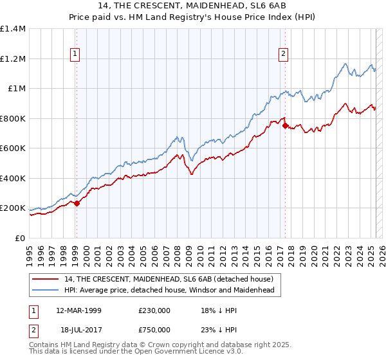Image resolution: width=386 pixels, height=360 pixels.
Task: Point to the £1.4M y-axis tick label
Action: click(x=13, y=29)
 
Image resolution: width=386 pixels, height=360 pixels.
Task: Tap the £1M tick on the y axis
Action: click(x=16, y=89)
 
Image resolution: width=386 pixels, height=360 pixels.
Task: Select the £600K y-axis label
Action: click(x=13, y=148)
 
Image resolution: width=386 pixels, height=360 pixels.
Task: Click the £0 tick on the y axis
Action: click(x=21, y=238)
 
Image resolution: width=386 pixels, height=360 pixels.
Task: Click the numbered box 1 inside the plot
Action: click(x=76, y=55)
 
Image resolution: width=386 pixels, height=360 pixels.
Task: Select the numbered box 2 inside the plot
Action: click(x=283, y=55)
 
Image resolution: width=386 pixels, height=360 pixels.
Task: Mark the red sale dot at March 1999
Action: click(x=77, y=203)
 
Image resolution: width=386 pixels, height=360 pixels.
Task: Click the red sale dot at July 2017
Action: click(x=285, y=125)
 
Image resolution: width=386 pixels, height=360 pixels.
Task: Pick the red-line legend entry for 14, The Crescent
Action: click(x=169, y=279)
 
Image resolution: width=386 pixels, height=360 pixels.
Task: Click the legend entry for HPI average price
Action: click(x=169, y=291)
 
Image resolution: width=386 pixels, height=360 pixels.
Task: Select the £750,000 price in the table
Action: click(x=154, y=330)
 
